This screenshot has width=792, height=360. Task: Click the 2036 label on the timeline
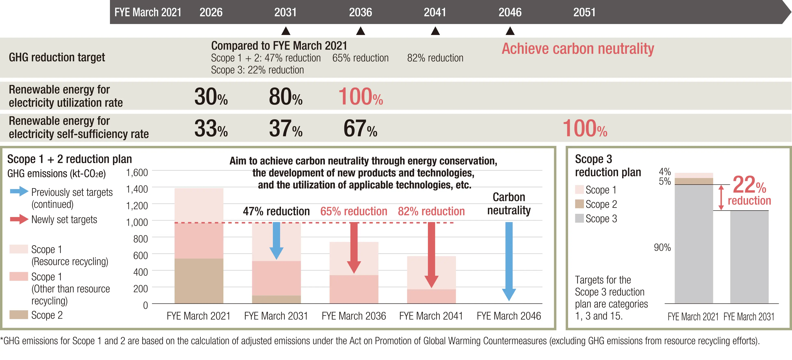click(x=360, y=12)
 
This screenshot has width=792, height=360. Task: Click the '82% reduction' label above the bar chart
click(x=431, y=211)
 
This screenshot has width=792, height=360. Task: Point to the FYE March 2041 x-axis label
click(x=431, y=316)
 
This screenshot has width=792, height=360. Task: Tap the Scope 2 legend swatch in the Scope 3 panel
click(x=579, y=204)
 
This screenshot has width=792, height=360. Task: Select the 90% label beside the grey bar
click(x=662, y=247)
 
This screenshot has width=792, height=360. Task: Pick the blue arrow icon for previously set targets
click(x=19, y=191)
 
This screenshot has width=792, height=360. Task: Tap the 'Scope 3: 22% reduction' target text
click(x=257, y=70)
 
